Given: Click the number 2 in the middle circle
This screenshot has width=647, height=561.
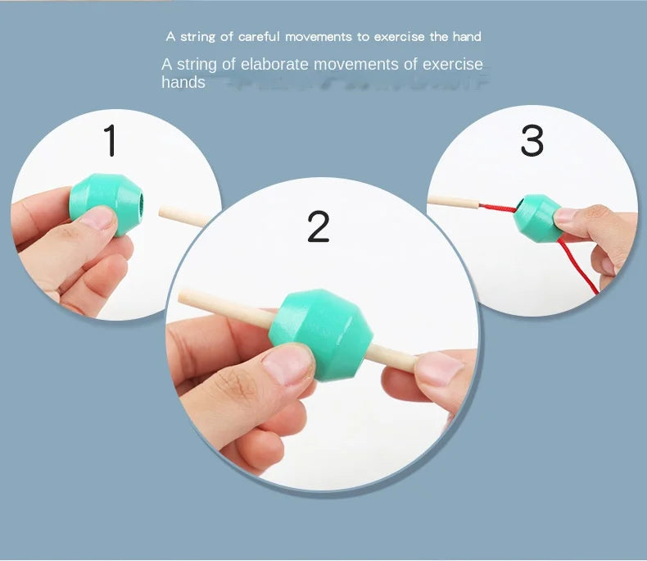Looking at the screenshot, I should pyautogui.click(x=319, y=226).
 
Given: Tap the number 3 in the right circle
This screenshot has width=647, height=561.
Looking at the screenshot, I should pyautogui.click(x=532, y=141).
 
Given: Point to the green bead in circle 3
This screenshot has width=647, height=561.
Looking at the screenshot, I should pyautogui.click(x=537, y=218).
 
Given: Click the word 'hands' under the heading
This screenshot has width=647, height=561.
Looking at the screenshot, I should pyautogui.click(x=183, y=82).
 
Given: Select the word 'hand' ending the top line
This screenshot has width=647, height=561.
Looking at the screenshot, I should pyautogui.click(x=465, y=37).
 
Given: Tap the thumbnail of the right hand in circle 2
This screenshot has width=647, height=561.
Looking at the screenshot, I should pyautogui.click(x=439, y=370).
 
